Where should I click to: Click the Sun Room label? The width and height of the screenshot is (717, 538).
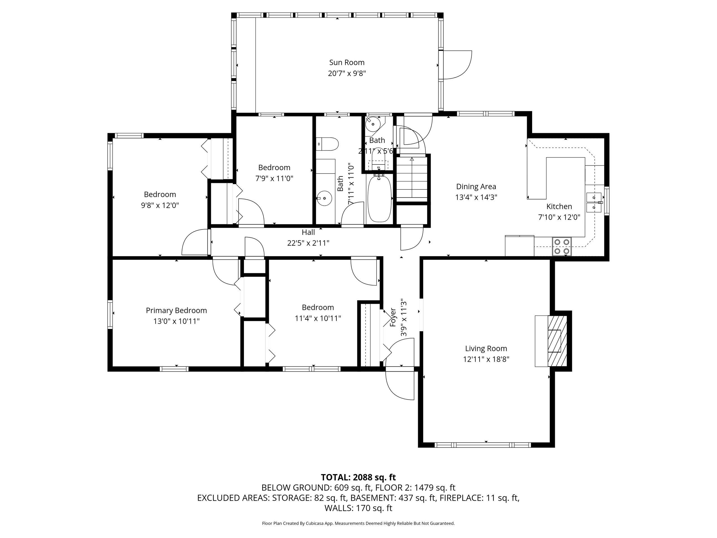347,62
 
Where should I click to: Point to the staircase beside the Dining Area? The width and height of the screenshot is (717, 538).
412,178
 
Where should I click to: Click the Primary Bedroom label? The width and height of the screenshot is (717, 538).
176,310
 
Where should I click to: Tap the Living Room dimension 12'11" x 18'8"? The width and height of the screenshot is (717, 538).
486,359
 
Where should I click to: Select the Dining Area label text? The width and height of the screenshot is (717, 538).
476,186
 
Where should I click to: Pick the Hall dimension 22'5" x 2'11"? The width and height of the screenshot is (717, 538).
308,243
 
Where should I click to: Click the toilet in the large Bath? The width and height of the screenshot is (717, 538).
327,144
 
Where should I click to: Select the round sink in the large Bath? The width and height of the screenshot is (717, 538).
324,198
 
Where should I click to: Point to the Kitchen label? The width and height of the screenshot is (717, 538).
559,206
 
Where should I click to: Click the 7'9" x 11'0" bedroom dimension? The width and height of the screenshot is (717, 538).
274,178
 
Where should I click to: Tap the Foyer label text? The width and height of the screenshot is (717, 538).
393,317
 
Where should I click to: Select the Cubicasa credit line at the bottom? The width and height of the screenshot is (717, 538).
358,523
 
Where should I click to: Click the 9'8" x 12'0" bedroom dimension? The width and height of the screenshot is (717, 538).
160,205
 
